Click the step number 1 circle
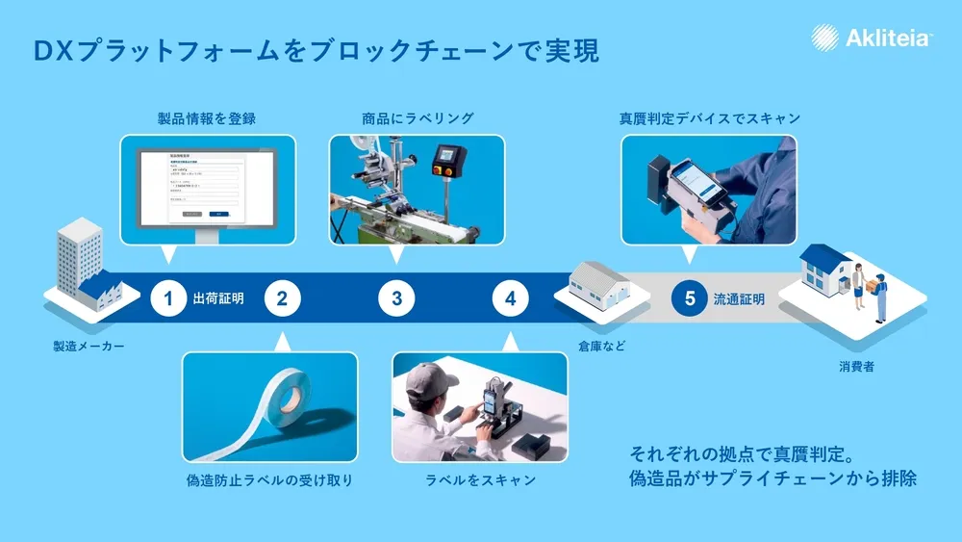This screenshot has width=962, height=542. pyautogui.click(x=167, y=298)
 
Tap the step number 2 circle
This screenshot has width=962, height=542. pyautogui.click(x=282, y=298)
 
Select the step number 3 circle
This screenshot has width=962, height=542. pyautogui.click(x=396, y=298)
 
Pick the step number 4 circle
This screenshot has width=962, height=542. pyautogui.click(x=510, y=298)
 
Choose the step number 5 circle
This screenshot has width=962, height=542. pyautogui.click(x=690, y=298)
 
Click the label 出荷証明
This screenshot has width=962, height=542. pyautogui.click(x=218, y=298)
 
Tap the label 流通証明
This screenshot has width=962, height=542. pyautogui.click(x=739, y=298)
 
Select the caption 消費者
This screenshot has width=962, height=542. pyautogui.click(x=855, y=367)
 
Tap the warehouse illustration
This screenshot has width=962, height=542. pyautogui.click(x=598, y=285)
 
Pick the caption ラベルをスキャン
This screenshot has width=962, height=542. pyautogui.click(x=480, y=479)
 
